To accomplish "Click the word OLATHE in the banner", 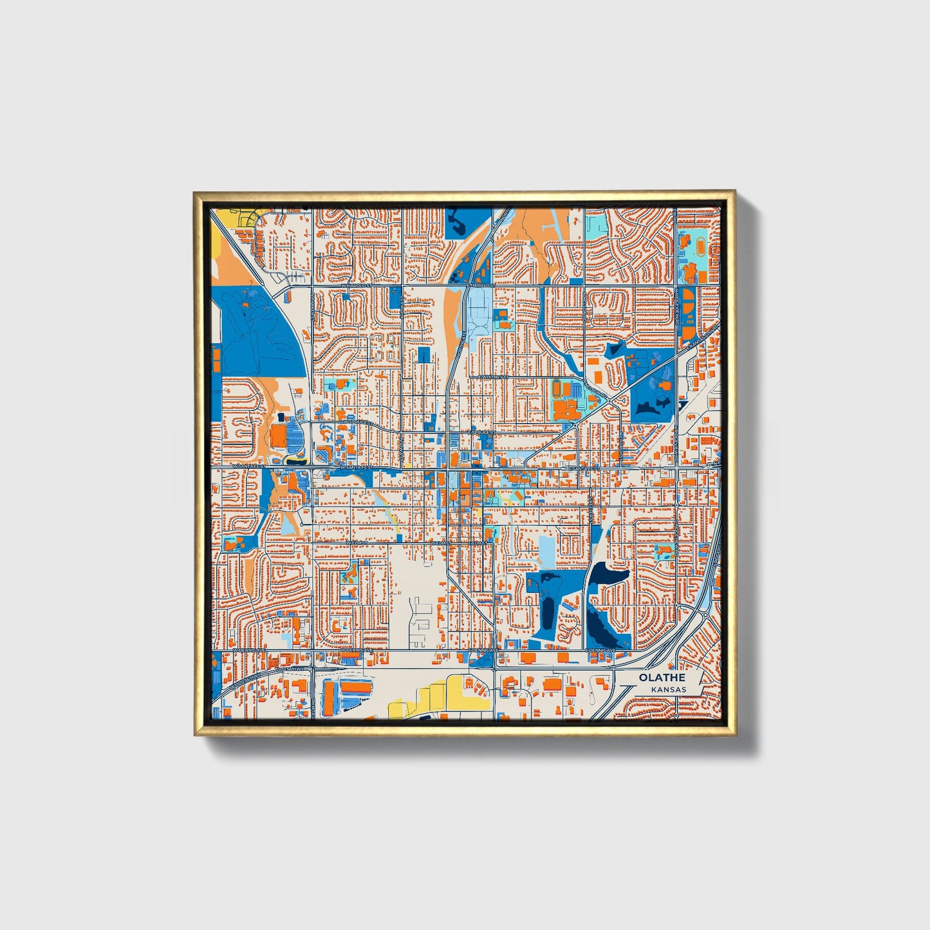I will click(x=662, y=678).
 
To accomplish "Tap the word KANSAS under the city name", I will click(x=668, y=689).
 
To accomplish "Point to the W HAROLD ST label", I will click(x=356, y=284).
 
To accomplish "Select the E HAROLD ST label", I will click(x=480, y=284).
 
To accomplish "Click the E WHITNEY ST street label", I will click(x=493, y=377).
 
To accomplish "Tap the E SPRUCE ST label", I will click(x=481, y=433).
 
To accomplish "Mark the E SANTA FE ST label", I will click(x=584, y=469).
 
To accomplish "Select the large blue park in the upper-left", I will click(x=257, y=328).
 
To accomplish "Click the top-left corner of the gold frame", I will click(x=195, y=192).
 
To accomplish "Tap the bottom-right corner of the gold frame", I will click(x=734, y=734).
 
